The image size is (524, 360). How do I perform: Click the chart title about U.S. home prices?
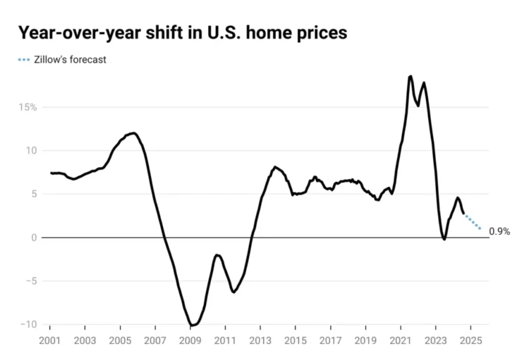pyautogui.click(x=183, y=33)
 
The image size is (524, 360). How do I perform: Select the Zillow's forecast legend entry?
pyautogui.click(x=62, y=59)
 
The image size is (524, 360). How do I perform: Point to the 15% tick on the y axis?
pyautogui.click(x=28, y=108)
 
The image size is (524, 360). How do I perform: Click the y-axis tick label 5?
pyautogui.click(x=34, y=194)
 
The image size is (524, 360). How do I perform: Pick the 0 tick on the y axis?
pyautogui.click(x=33, y=238)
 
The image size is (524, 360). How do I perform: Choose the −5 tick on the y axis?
pyautogui.click(x=31, y=281)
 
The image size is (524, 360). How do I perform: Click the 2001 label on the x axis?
pyautogui.click(x=50, y=341)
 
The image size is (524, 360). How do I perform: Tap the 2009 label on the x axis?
pyautogui.click(x=190, y=341)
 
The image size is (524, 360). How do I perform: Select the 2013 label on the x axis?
pyautogui.click(x=260, y=341)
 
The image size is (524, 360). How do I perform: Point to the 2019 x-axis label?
pyautogui.click(x=366, y=341)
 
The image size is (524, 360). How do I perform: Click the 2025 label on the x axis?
pyautogui.click(x=471, y=341)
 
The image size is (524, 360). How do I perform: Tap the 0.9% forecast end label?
pyautogui.click(x=499, y=231)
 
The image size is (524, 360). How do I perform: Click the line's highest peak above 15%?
pyautogui.click(x=410, y=76)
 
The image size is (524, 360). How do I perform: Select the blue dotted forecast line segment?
pyautogui.click(x=472, y=222)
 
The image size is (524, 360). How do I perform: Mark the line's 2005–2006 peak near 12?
pyautogui.click(x=134, y=133)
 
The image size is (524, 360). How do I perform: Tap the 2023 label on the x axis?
pyautogui.click(x=436, y=341)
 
